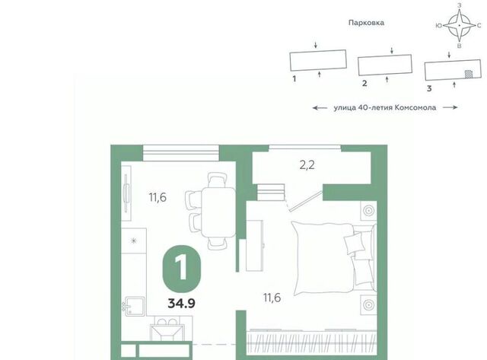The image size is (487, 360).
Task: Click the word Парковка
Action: [366, 23]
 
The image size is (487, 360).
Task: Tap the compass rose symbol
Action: [460, 25]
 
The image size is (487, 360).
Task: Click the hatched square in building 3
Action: [469, 74]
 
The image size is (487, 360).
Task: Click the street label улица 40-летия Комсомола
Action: [385, 108]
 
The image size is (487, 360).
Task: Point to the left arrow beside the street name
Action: [320, 108]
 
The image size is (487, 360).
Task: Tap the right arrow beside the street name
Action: [450, 107]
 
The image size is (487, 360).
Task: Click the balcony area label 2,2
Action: [307, 165]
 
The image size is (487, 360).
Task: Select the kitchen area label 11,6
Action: [158, 197]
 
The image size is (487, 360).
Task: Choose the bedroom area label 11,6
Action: [272, 298]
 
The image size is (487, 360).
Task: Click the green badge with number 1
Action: [182, 269]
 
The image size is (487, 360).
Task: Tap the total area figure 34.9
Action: [182, 303]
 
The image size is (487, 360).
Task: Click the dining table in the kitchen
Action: [218, 212]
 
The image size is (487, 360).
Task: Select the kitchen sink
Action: [135, 307]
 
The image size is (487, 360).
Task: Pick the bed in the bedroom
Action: [334, 258]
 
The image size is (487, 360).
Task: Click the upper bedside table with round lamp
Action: [368, 211]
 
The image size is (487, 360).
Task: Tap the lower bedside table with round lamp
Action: [368, 304]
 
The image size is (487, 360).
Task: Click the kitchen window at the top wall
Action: [181, 153]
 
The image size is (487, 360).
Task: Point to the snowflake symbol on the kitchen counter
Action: [134, 241]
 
